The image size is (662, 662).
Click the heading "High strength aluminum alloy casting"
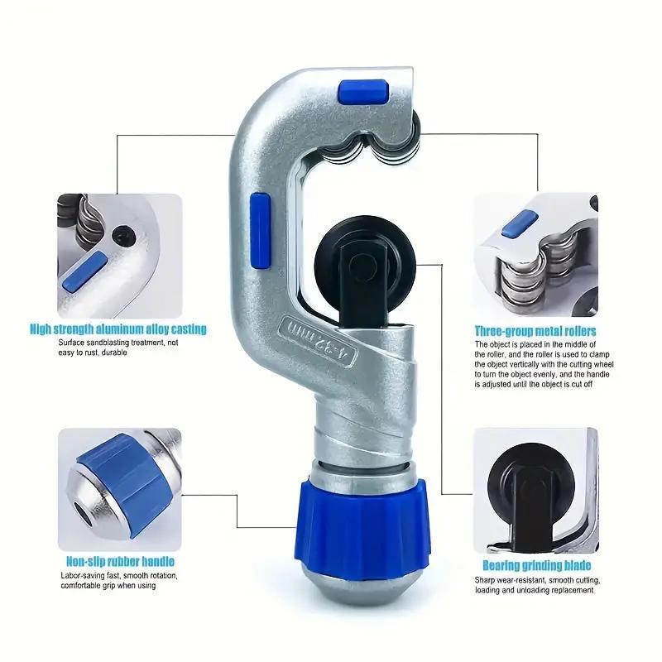118,329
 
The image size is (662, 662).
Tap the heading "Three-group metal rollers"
535,331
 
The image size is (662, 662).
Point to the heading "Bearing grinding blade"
536,565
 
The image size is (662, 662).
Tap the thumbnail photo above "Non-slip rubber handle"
118,488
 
